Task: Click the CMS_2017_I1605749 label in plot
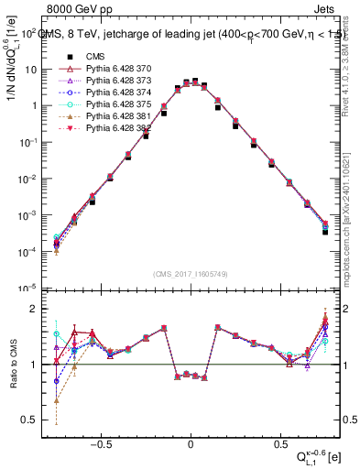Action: pos(191,273)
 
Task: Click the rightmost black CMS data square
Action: pos(325,232)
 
